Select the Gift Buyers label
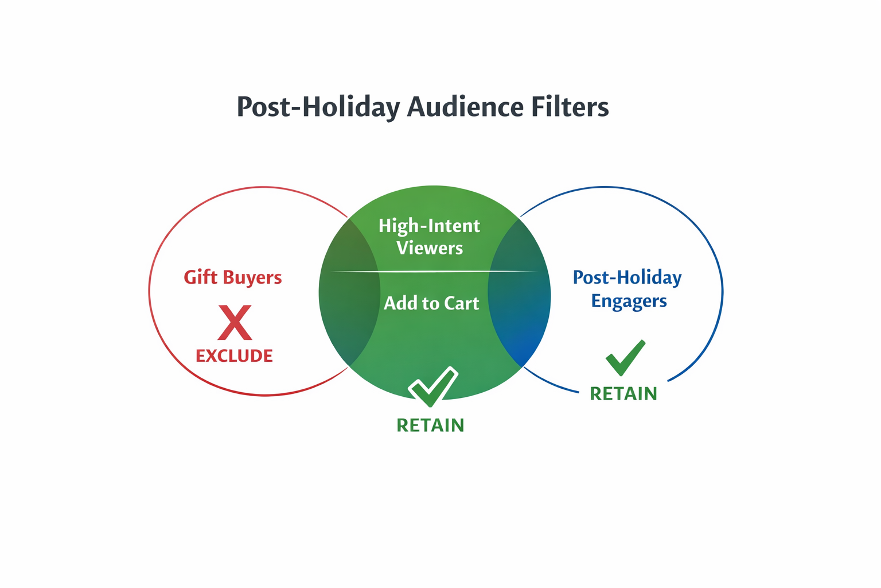232,277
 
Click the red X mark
235,323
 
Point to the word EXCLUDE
234,356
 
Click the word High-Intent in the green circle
429,226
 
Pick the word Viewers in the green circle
430,248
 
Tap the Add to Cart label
431,303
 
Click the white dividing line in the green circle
434,271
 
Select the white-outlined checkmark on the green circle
433,386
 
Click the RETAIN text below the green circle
430,425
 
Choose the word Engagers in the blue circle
629,301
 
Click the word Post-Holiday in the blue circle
627,278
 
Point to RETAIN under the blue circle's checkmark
623,394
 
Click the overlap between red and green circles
350,293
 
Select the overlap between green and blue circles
519,293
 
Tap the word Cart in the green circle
461,303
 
